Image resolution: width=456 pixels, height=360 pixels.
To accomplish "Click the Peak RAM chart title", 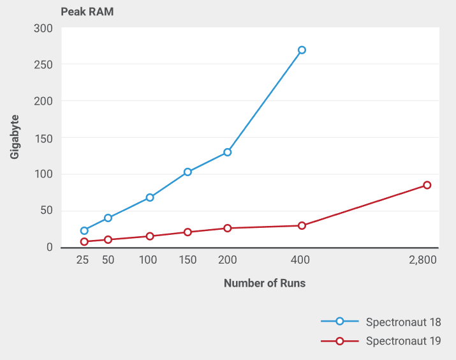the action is tap(87, 12).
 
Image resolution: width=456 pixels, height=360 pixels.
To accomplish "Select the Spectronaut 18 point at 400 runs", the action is tap(302, 50).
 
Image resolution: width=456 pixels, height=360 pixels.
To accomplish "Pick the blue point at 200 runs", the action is tap(228, 152).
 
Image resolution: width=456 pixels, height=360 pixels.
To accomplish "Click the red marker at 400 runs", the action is tap(302, 225).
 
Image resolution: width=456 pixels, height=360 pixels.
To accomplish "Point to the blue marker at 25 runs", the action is tap(84, 231).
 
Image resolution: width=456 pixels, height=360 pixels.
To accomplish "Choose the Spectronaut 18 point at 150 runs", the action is tap(188, 172).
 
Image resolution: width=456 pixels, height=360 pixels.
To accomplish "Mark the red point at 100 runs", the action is tap(150, 236).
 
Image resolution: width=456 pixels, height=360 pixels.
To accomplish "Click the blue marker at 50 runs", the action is tap(108, 218).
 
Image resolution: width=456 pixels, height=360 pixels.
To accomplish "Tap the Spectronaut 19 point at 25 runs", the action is tap(84, 241).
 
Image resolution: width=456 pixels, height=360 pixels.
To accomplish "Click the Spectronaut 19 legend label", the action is tap(403, 341).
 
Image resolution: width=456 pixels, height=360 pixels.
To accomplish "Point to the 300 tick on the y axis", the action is tap(43, 29).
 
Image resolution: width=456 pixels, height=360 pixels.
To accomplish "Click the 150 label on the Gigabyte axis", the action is tap(43, 139).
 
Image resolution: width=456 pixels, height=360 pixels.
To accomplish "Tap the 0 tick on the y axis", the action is tap(50, 247).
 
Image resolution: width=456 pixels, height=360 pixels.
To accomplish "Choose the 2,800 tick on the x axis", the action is tap(423, 260).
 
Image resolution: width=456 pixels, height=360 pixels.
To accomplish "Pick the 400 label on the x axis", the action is tap(300, 260).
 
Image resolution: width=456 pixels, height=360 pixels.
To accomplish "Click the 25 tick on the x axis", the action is tap(82, 260).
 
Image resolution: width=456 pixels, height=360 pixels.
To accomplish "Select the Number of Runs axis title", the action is tap(265, 283).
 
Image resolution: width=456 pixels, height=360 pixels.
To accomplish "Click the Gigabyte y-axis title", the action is tap(15, 137).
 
